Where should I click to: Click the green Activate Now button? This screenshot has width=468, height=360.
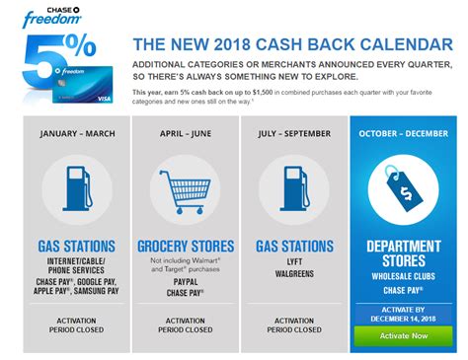(405, 335)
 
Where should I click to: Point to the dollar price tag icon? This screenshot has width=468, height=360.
(406, 189)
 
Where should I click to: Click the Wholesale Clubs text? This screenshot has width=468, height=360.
(406, 277)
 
